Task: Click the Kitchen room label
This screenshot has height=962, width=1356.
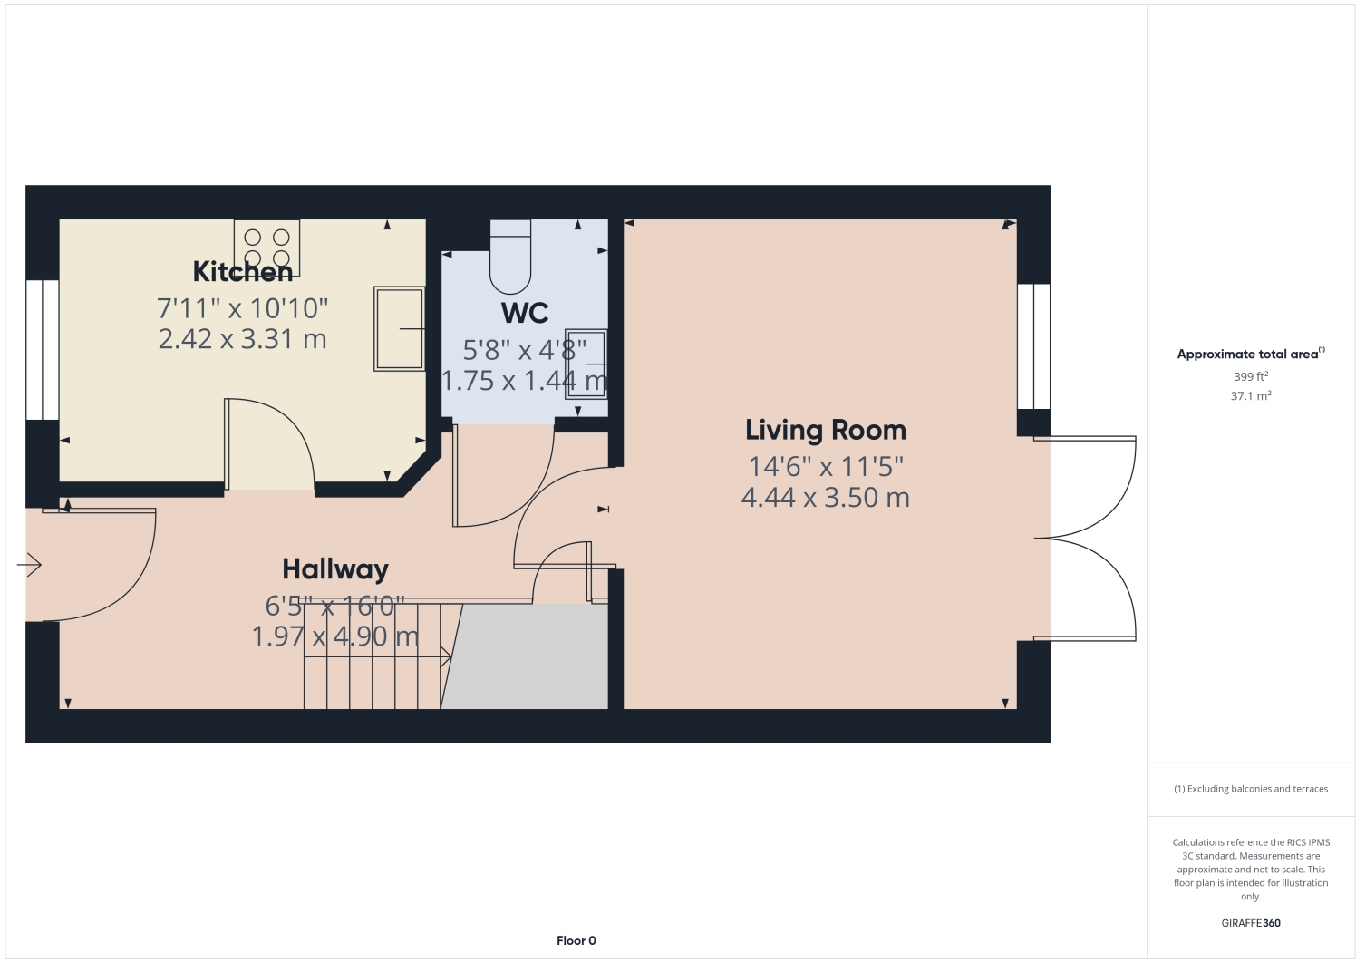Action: tap(243, 271)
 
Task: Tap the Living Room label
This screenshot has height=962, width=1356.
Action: tap(825, 430)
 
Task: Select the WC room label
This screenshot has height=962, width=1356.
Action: tap(525, 313)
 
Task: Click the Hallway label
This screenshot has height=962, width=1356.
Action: tap(335, 568)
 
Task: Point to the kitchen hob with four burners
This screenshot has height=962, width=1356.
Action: tap(266, 248)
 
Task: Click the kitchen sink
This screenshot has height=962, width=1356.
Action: tap(399, 328)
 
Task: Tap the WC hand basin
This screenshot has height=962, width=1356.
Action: tap(586, 364)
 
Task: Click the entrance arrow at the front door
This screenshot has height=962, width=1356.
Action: tap(29, 565)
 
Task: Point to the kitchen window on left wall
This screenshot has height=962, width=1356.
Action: tap(42, 350)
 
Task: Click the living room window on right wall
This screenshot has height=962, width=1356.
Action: tap(1033, 346)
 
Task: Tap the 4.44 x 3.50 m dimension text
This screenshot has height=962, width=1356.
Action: tap(825, 498)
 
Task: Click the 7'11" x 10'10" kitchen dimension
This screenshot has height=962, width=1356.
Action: tap(243, 308)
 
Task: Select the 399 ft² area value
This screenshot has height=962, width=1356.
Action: tap(1251, 376)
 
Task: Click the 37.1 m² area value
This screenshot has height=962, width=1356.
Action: tap(1251, 396)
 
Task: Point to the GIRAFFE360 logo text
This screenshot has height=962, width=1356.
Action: tap(1251, 923)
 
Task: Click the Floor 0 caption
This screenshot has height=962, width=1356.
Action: tap(576, 940)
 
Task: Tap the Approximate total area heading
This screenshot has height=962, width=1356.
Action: tap(1249, 354)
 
